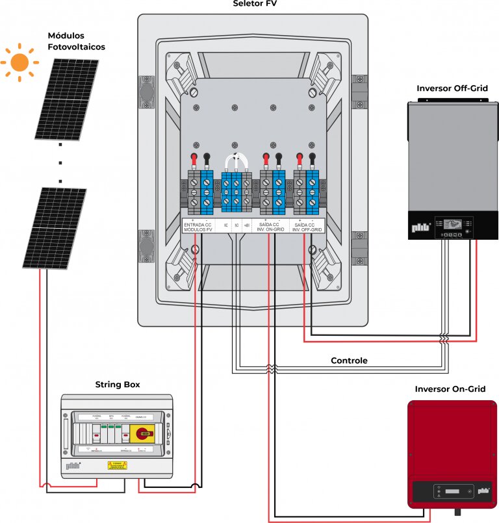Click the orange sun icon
click(19, 62)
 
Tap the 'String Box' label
click(118, 385)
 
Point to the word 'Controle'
click(349, 361)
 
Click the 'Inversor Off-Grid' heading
click(452, 88)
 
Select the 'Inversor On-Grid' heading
click(451, 389)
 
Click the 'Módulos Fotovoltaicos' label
click(76, 41)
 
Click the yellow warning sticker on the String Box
click(118, 465)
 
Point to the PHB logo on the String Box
click(73, 466)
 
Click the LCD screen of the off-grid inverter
click(455, 224)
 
